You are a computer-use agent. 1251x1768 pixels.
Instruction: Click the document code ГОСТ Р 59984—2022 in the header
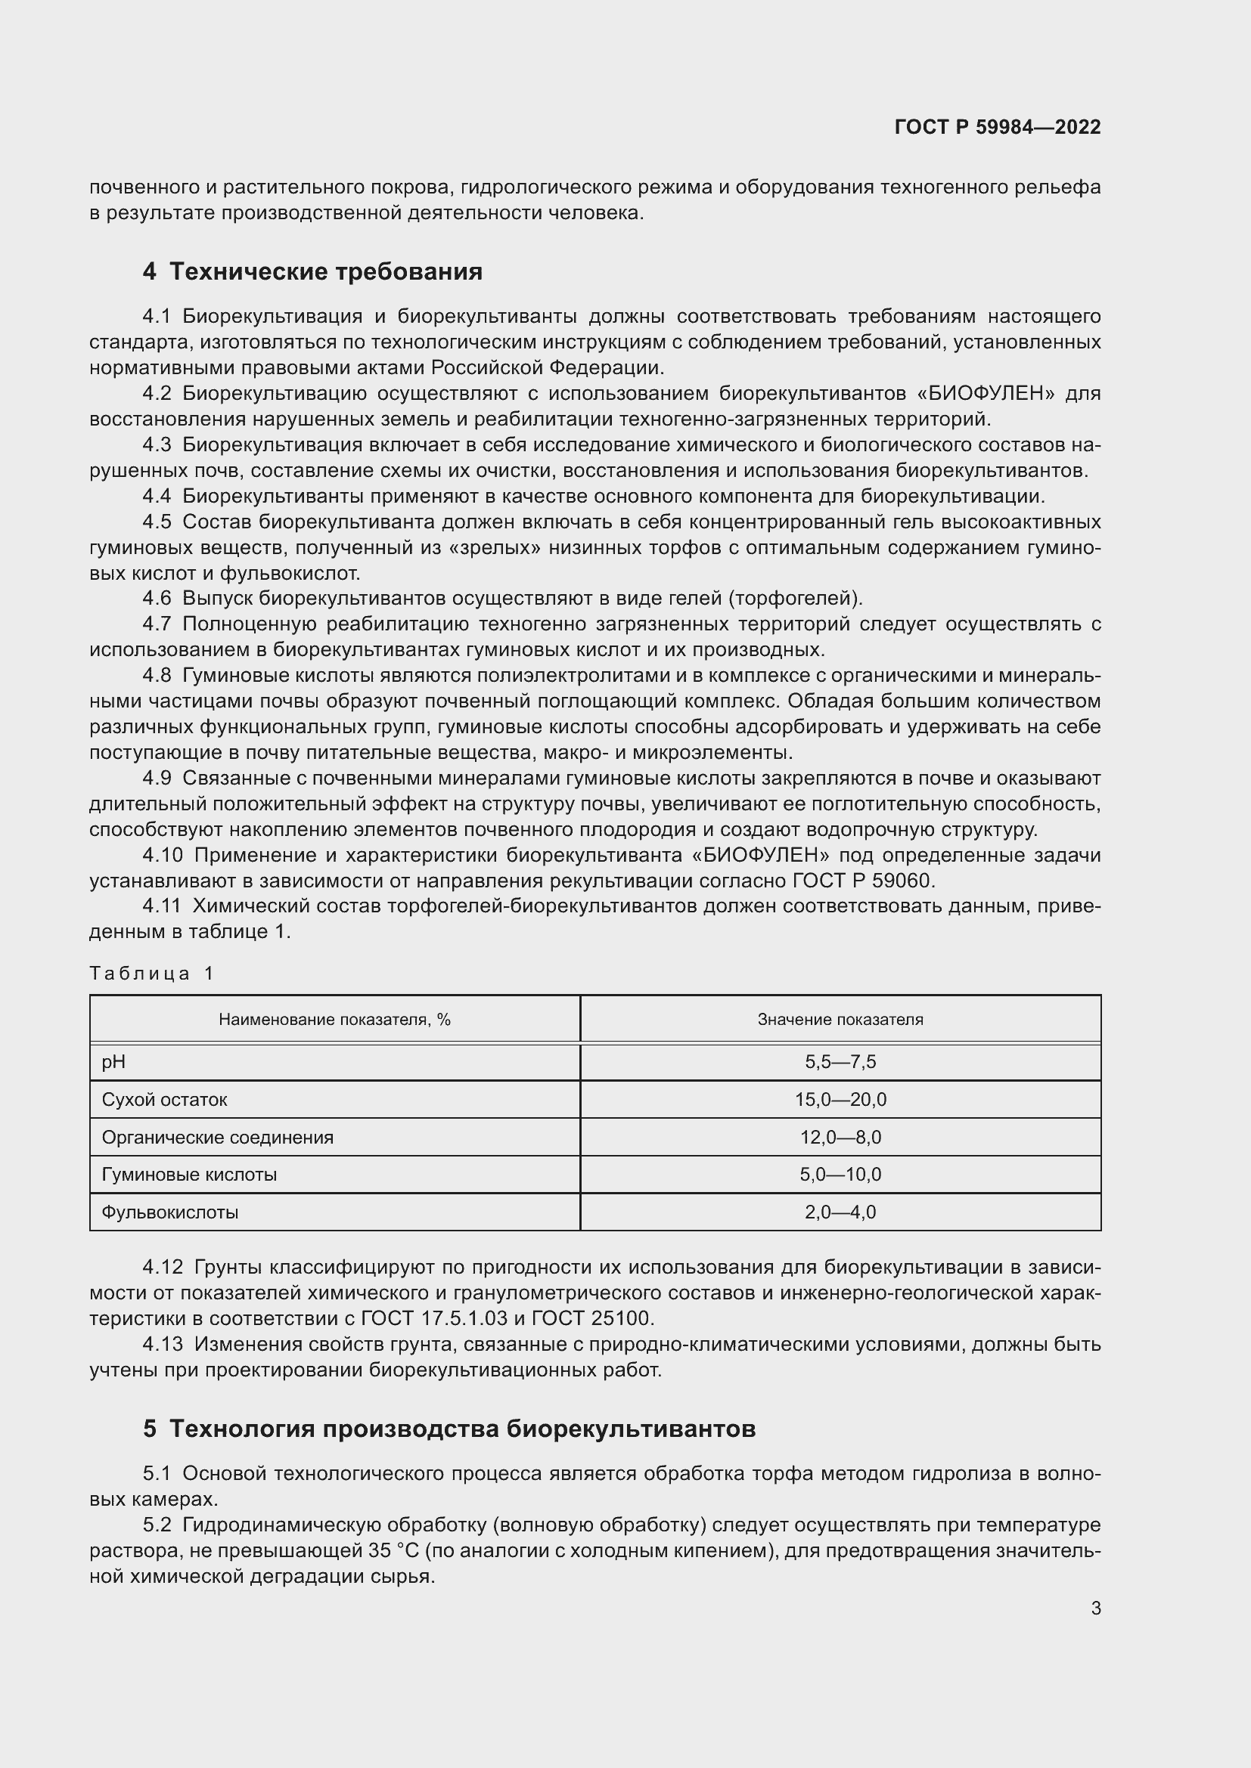pos(998,127)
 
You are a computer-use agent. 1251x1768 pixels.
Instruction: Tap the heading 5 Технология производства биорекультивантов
pos(449,1429)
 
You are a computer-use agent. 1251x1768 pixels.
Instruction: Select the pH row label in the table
pos(113,1062)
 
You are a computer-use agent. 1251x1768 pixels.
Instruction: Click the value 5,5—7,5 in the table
pos(840,1062)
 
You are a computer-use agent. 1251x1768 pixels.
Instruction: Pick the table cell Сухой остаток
pos(164,1100)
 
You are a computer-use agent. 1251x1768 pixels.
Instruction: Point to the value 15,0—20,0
pos(840,1100)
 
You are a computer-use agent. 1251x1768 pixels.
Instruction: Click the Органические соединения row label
pos(217,1138)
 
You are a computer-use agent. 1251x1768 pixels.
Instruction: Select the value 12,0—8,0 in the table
pos(840,1138)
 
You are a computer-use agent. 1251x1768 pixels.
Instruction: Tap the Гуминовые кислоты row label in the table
pos(189,1175)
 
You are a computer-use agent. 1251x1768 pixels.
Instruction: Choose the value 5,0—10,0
pos(840,1175)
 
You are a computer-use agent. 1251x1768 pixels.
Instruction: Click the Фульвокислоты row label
pos(169,1212)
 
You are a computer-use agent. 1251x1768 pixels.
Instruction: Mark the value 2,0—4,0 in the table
pos(840,1212)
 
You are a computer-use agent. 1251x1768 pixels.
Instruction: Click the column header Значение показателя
pos(840,1020)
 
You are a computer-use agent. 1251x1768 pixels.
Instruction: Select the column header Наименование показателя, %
pos(334,1020)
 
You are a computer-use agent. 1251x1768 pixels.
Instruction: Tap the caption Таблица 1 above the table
pos(151,974)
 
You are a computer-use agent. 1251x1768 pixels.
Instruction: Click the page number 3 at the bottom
pos(1095,1608)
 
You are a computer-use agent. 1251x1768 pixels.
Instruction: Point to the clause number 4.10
pos(163,856)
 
